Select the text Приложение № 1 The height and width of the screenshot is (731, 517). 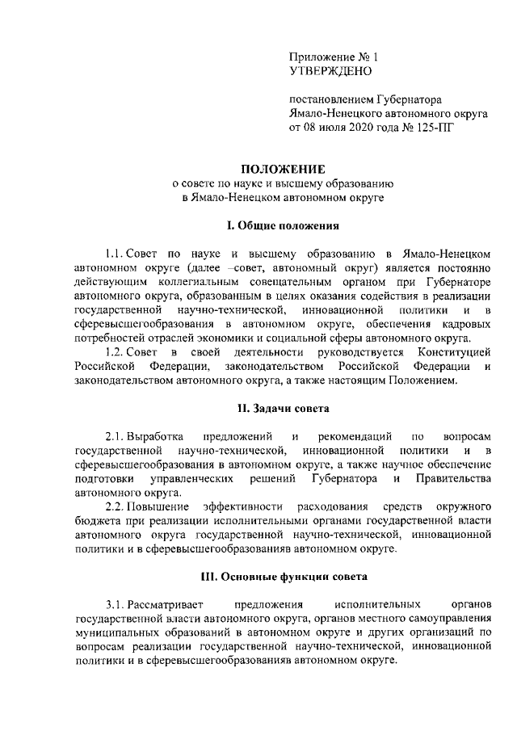point(333,57)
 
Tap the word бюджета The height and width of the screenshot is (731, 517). point(95,521)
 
